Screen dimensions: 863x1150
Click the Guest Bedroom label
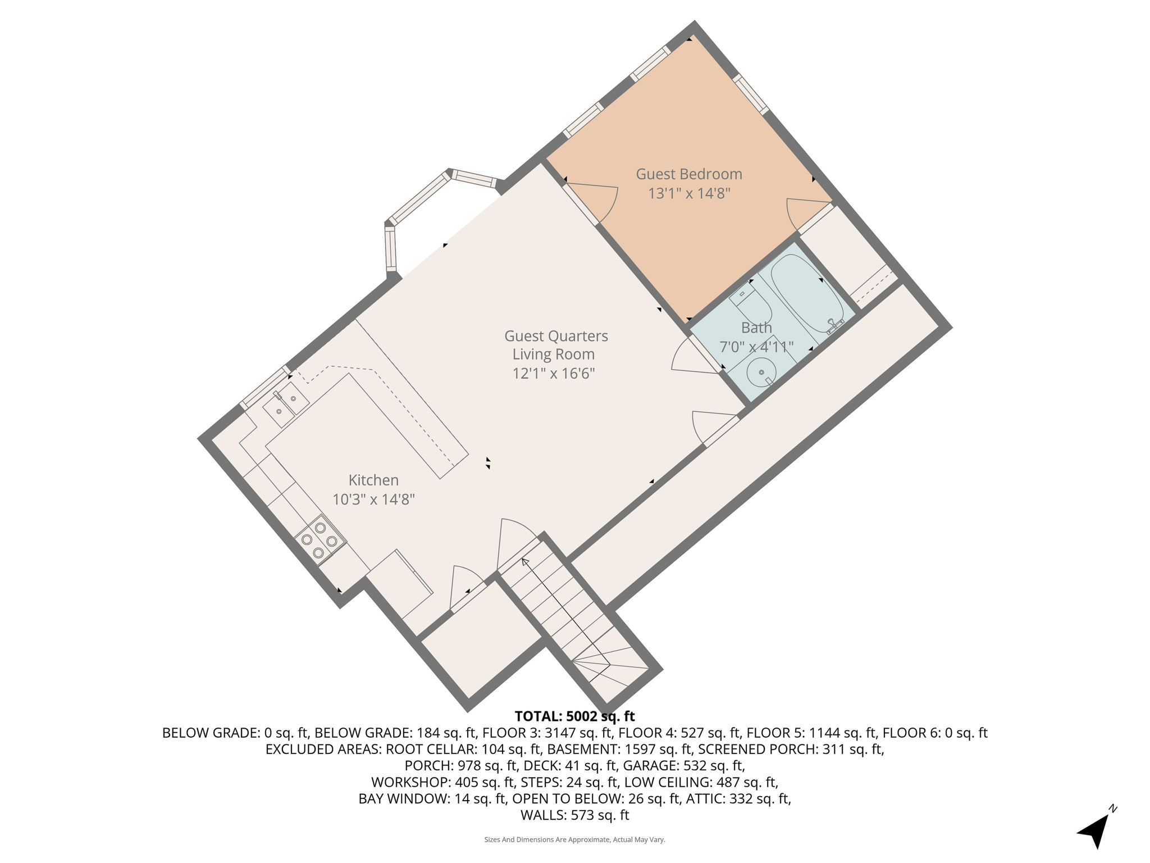[x=688, y=174]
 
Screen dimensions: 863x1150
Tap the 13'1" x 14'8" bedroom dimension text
[x=688, y=194]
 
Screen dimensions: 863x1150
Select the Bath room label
[x=756, y=328]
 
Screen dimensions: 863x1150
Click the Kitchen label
[x=373, y=480]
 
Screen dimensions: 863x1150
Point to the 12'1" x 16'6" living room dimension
[x=553, y=374]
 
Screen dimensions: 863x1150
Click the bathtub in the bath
[x=807, y=293]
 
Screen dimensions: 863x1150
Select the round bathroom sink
[x=761, y=372]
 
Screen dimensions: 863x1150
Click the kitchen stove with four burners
[x=320, y=540]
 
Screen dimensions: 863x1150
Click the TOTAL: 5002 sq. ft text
[x=574, y=716]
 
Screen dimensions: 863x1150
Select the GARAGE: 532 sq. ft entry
[x=684, y=765]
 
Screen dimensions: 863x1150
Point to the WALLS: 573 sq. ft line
[x=574, y=815]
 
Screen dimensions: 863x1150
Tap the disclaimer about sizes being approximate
[x=574, y=840]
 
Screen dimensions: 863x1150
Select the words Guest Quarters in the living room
[x=556, y=336]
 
